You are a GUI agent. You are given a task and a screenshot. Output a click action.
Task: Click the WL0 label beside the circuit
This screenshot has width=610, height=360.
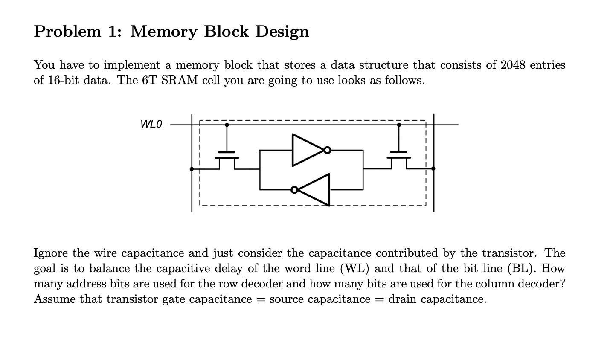[151, 124]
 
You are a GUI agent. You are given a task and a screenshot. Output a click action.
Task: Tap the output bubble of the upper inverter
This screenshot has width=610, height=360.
[327, 150]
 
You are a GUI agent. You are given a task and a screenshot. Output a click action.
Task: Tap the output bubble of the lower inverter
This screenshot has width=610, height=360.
[294, 189]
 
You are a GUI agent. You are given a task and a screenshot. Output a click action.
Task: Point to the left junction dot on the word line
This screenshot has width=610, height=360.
[227, 125]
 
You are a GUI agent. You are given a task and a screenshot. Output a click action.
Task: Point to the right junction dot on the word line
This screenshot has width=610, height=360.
[399, 125]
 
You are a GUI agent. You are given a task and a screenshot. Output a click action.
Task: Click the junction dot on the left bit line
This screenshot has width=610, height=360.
[192, 169]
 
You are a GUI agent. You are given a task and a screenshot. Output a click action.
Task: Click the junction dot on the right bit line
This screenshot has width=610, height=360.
[433, 168]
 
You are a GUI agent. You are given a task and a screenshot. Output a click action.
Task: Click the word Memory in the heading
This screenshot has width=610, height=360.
[163, 31]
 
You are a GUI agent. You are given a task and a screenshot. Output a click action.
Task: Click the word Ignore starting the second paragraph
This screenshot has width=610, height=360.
[51, 253]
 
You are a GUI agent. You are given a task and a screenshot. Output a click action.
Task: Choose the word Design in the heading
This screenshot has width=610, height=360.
[282, 31]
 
